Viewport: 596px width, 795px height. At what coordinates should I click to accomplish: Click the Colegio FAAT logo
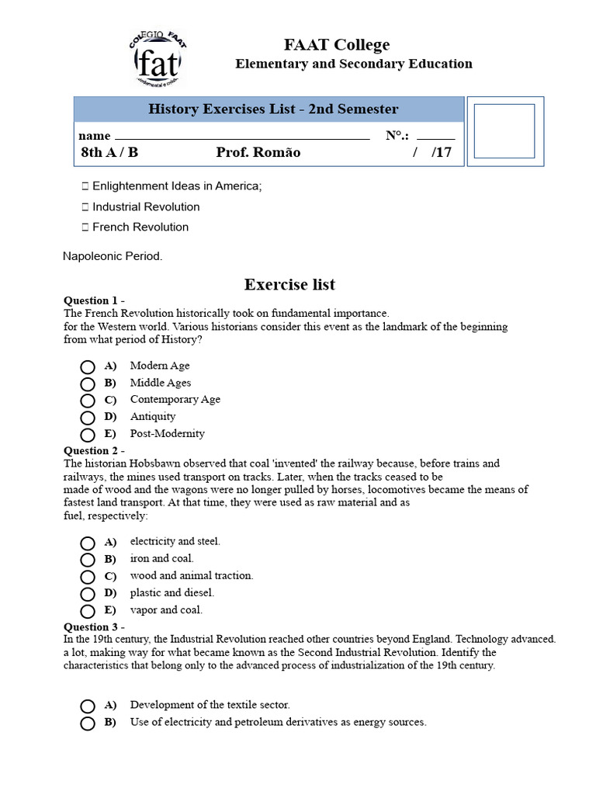click(x=158, y=59)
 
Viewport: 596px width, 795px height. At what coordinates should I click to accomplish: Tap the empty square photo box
click(x=504, y=131)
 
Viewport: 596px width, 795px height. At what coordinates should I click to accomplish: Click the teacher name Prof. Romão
click(x=258, y=152)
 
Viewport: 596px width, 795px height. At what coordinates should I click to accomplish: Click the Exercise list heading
click(x=289, y=284)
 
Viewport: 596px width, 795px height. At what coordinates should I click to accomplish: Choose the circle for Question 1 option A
click(x=88, y=366)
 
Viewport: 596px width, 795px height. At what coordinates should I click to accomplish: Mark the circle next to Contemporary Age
click(x=88, y=401)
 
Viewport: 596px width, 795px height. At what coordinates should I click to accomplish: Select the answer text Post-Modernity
click(x=167, y=433)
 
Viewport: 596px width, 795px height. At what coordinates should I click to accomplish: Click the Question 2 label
click(x=93, y=450)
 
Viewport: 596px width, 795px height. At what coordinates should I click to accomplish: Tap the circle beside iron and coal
click(x=88, y=560)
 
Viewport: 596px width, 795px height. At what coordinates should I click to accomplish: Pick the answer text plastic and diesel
click(x=172, y=592)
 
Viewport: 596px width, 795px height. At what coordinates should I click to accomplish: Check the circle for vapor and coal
click(x=88, y=611)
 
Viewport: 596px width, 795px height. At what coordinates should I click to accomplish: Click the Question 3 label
click(x=93, y=627)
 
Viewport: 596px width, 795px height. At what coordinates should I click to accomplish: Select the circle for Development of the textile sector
click(x=88, y=706)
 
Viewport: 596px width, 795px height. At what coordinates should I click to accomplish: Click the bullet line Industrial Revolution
click(x=145, y=207)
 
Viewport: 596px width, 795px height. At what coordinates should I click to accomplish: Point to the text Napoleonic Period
click(x=113, y=256)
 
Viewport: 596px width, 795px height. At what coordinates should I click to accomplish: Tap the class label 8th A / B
click(x=109, y=152)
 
